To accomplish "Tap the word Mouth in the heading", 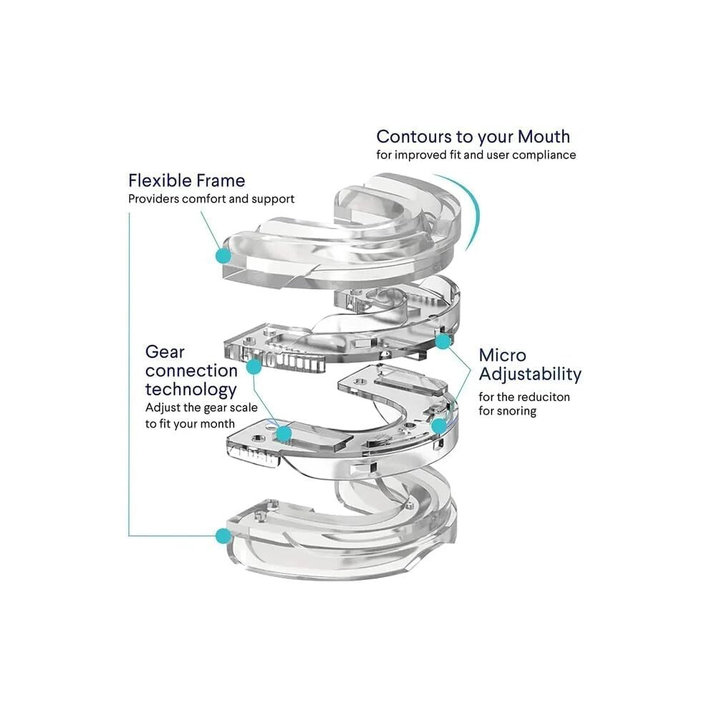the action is [x=544, y=137].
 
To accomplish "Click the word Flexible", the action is [x=161, y=180].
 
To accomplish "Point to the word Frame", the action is [x=221, y=180].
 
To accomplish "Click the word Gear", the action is [x=165, y=352].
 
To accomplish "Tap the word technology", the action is [x=190, y=390].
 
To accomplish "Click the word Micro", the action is [x=503, y=355].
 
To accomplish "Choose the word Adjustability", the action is [x=530, y=375].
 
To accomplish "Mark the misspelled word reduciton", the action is [x=541, y=397].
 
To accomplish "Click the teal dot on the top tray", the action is [x=223, y=256].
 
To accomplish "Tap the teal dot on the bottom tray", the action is [x=223, y=536].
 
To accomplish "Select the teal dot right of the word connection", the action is [x=254, y=366].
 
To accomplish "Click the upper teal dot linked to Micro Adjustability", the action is [x=443, y=342].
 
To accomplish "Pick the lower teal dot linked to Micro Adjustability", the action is [x=438, y=426].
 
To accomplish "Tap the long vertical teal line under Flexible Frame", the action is [x=130, y=375].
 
